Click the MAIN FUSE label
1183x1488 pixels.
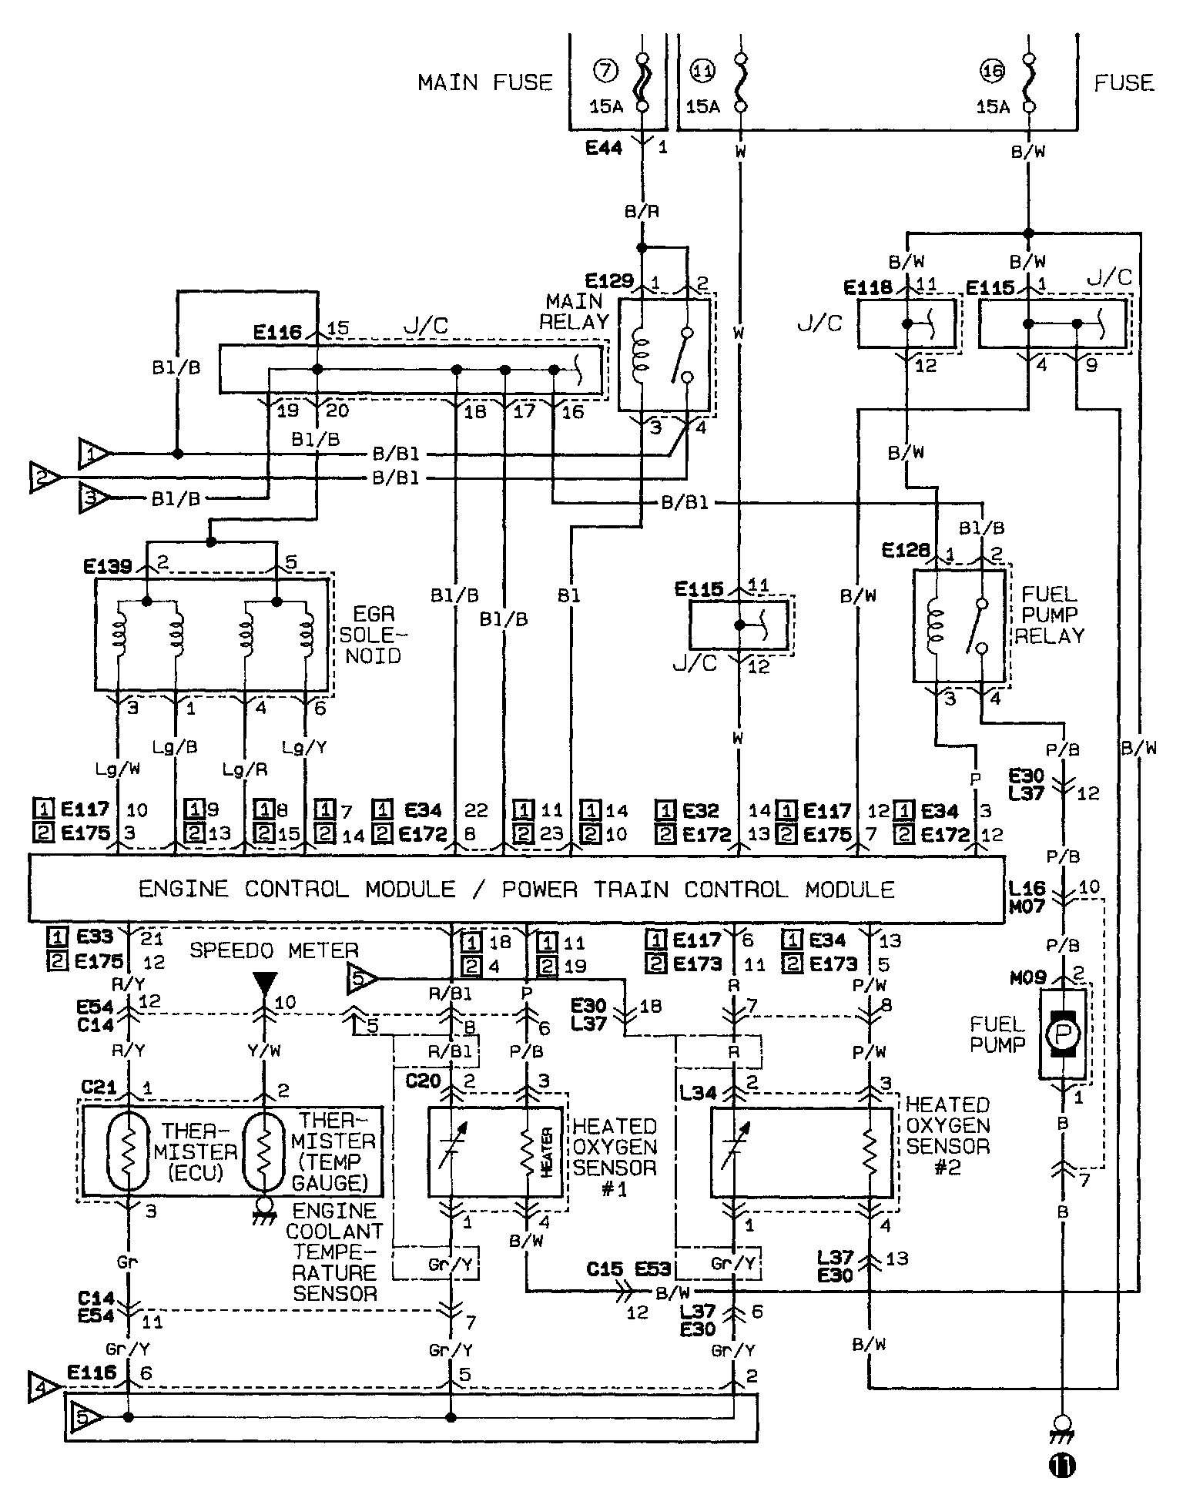coord(485,82)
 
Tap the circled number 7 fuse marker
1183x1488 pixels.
coord(605,72)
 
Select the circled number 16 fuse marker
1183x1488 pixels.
coord(993,72)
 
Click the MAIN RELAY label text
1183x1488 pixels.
coord(574,310)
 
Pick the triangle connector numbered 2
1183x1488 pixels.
coord(45,477)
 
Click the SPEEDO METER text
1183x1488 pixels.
coord(273,950)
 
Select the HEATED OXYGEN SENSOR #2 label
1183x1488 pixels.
coord(948,1136)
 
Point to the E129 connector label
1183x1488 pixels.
coord(608,280)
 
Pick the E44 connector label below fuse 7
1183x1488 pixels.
coord(604,147)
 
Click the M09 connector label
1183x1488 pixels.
coord(1028,977)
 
